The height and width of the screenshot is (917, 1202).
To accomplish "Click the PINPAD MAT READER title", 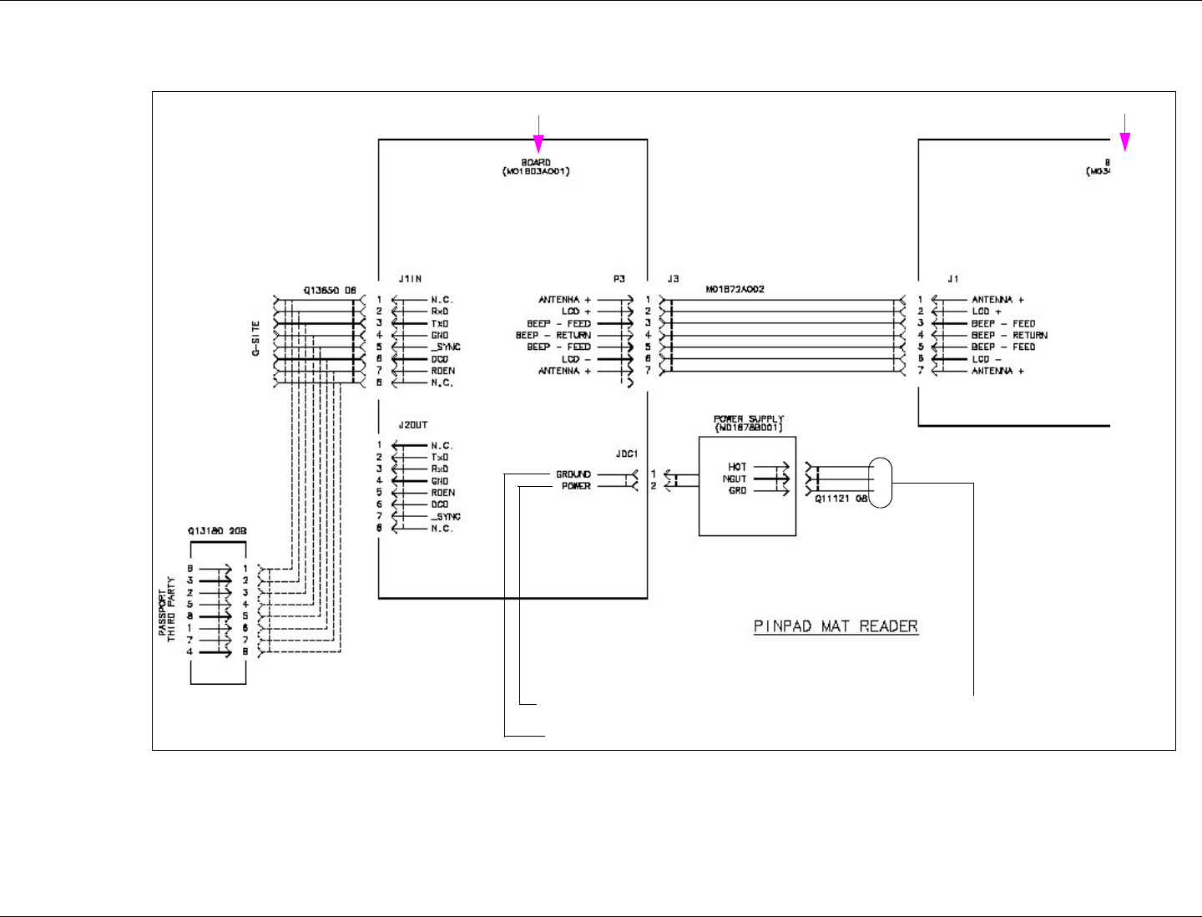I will pos(836,626).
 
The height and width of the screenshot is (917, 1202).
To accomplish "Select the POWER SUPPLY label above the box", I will pos(749,419).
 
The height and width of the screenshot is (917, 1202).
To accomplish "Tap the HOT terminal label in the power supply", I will pos(737,467).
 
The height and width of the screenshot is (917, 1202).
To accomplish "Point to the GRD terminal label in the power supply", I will pos(737,491).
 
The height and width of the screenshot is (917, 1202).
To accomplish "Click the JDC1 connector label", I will pos(626,454).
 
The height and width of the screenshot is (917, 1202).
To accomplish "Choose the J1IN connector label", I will pos(411,279).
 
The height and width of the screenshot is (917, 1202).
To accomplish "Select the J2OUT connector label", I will pos(413,425).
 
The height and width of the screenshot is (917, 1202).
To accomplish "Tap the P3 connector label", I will pos(619,279).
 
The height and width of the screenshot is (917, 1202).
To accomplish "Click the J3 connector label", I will pos(673,279).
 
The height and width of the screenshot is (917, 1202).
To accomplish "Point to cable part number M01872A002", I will pos(735,289).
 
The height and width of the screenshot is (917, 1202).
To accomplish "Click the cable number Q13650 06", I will pos(330,291).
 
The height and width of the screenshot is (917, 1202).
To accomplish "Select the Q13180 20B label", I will pos(217,530).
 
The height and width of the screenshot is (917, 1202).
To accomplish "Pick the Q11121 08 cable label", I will pos(841,499).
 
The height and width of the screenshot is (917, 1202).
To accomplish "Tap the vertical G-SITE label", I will pos(256,338).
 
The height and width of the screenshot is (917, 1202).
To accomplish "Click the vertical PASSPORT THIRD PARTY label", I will pos(167,609).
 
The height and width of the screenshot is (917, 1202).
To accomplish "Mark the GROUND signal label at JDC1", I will pos(573,474).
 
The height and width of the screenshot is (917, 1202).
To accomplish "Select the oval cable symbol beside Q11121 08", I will pos(880,483).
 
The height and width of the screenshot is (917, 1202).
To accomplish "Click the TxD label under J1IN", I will pos(440,323).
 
